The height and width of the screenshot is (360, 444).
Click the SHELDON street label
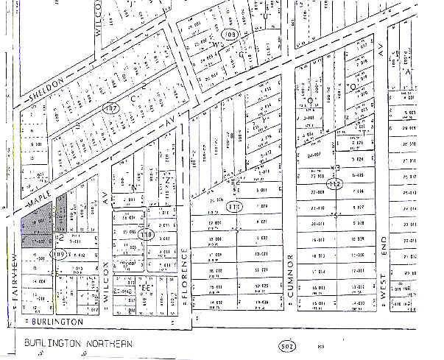(45, 89)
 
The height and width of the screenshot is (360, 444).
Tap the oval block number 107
(111, 109)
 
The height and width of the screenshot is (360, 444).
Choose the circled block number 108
(230, 35)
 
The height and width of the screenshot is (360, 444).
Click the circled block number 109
(59, 255)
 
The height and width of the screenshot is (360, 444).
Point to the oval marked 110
(147, 235)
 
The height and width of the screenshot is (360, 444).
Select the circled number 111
(235, 206)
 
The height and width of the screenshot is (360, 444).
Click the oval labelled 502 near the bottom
(288, 344)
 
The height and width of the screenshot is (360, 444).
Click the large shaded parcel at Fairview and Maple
(37, 228)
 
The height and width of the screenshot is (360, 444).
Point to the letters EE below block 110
(146, 287)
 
